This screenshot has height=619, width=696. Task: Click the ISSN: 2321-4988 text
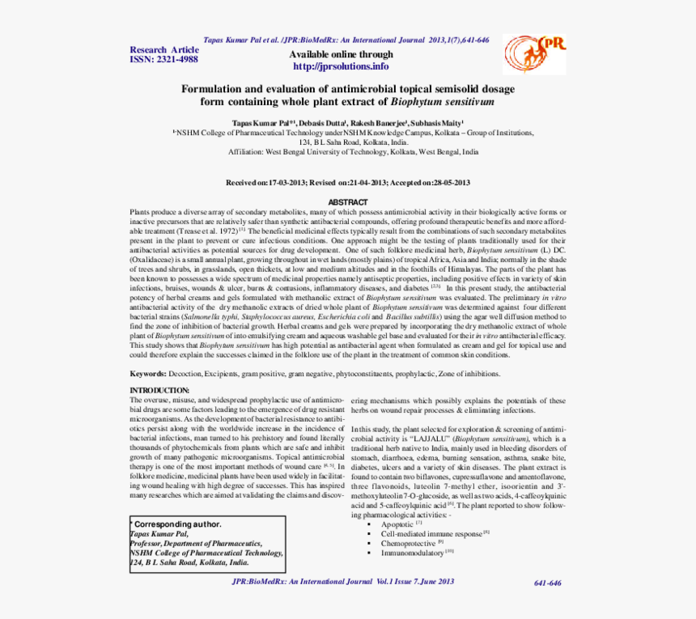coord(164,60)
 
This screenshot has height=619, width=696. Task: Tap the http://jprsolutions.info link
coord(341,66)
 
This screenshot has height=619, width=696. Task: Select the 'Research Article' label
coord(164,50)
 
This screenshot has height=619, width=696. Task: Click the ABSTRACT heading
coord(347,202)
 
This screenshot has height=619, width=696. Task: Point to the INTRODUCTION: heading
coord(160,391)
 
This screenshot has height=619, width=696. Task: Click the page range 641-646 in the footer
coord(548,583)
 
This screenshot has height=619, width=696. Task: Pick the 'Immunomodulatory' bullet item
coord(413,553)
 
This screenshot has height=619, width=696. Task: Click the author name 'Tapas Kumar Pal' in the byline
coord(260,122)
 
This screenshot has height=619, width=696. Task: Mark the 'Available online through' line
coord(341,55)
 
